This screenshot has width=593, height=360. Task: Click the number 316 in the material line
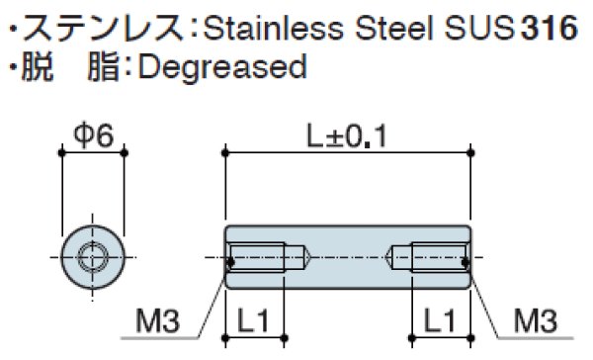tap(550, 28)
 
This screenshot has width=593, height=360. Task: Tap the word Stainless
tap(274, 28)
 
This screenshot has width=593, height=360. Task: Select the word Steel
tap(393, 28)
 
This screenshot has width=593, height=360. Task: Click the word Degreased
tap(222, 67)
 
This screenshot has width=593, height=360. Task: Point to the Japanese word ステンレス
tap(103, 28)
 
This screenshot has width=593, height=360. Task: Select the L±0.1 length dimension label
tap(347, 136)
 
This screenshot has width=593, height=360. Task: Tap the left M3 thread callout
tap(158, 321)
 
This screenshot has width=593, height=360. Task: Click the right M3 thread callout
tap(535, 321)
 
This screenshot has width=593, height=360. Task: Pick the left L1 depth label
tap(253, 321)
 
